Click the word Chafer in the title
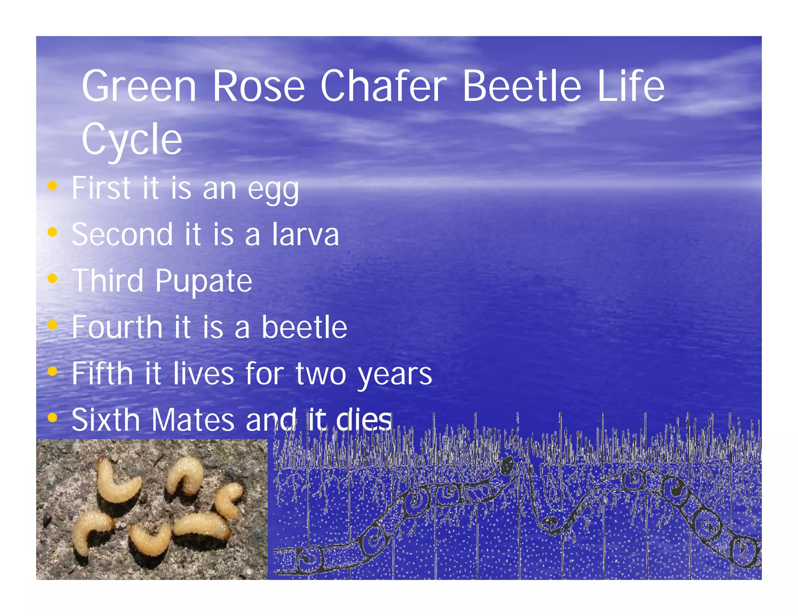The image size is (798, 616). pyautogui.click(x=383, y=86)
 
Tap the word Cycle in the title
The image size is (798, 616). pyautogui.click(x=132, y=139)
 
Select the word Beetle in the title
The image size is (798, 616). pyautogui.click(x=522, y=86)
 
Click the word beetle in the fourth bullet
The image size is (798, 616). pyautogui.click(x=304, y=327)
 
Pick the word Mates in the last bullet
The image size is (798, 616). pyautogui.click(x=193, y=420)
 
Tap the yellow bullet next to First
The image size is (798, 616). pyautogui.click(x=52, y=186)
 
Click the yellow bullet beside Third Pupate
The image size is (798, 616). pyautogui.click(x=52, y=278)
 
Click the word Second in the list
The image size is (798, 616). pyautogui.click(x=122, y=235)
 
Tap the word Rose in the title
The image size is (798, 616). pyautogui.click(x=258, y=86)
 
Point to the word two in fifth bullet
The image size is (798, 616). pyautogui.click(x=321, y=374)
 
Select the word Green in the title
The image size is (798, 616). pyautogui.click(x=139, y=86)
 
